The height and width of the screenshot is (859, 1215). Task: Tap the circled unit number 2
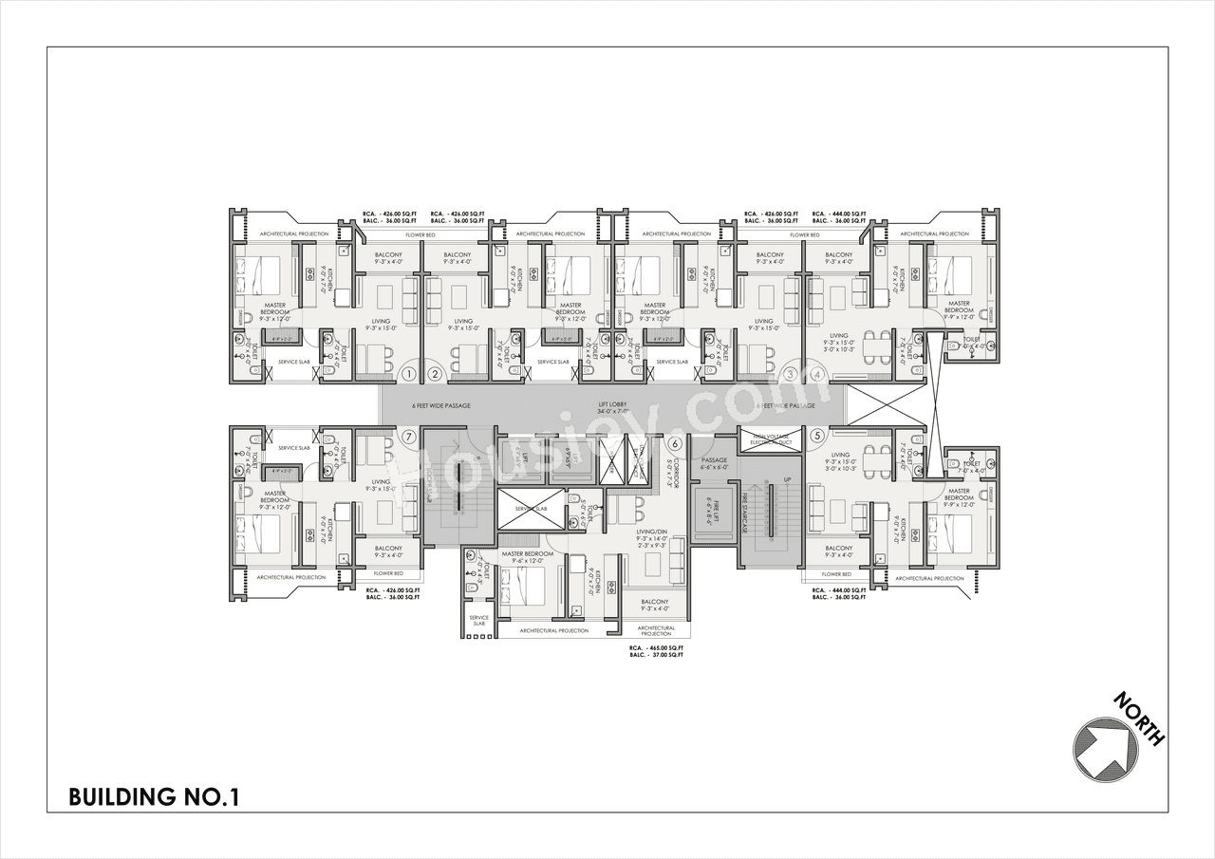coord(434,374)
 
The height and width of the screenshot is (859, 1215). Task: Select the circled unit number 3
coord(792,374)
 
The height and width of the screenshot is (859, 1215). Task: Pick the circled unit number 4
coord(818,374)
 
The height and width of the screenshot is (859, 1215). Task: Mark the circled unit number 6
coord(675,442)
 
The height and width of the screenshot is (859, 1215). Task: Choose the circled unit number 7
coord(408,437)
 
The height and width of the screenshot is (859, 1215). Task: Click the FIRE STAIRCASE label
coord(746,514)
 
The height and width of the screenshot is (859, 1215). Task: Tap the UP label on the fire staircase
coord(787,479)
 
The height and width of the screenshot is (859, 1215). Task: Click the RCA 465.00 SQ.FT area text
coord(656,647)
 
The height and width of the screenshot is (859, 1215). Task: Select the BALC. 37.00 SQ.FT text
coord(656,656)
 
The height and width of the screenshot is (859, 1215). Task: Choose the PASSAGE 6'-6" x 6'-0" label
coord(714,463)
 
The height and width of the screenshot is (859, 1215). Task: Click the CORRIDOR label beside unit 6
coord(671,469)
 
